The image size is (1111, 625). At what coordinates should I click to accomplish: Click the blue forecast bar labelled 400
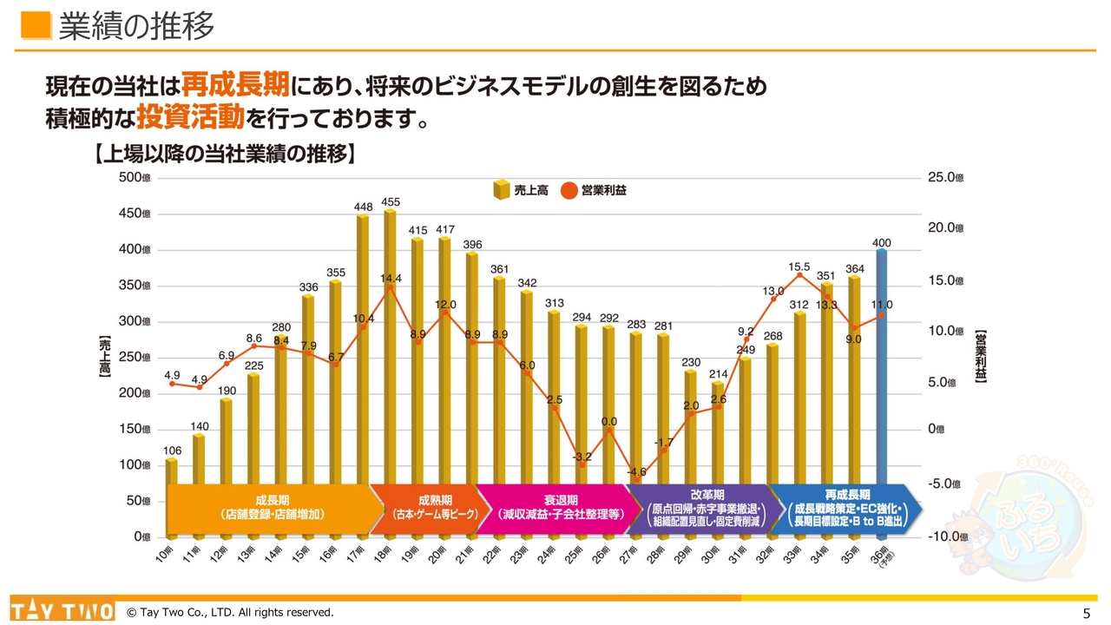(882, 365)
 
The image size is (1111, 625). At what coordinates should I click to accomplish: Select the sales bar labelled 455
(390, 347)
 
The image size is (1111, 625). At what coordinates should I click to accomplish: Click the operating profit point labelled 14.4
(390, 287)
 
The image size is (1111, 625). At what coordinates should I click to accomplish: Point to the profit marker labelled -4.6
(636, 479)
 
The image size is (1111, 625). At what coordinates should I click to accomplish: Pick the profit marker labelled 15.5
(799, 275)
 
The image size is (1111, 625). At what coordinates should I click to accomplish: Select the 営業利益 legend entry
(594, 190)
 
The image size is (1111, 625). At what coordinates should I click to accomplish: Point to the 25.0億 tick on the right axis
(946, 177)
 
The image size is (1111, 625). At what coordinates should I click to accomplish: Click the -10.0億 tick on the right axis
(946, 536)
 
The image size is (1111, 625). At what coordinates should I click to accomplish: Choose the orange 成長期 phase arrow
(267, 507)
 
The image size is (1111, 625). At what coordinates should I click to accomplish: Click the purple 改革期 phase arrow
(699, 507)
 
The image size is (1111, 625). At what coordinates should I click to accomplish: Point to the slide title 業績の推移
(136, 27)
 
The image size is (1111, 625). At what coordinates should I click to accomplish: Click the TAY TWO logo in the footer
(62, 610)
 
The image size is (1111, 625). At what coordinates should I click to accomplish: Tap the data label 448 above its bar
(363, 207)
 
